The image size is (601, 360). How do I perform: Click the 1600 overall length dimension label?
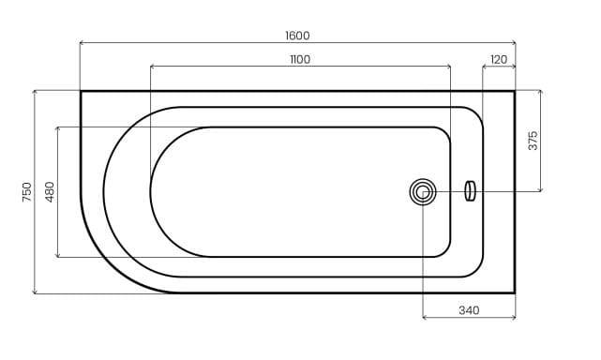(x=297, y=36)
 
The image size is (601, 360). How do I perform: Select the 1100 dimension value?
(x=300, y=59)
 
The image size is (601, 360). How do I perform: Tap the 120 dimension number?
(x=499, y=59)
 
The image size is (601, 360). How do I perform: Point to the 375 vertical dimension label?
(x=533, y=141)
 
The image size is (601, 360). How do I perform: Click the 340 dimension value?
(x=469, y=310)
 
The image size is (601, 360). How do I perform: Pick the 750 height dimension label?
(x=27, y=192)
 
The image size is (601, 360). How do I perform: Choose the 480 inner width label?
(x=50, y=191)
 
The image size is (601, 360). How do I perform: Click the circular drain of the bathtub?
(x=422, y=192)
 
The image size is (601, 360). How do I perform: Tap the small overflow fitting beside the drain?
(x=470, y=191)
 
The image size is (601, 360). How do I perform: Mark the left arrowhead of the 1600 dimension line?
(x=82, y=42)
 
